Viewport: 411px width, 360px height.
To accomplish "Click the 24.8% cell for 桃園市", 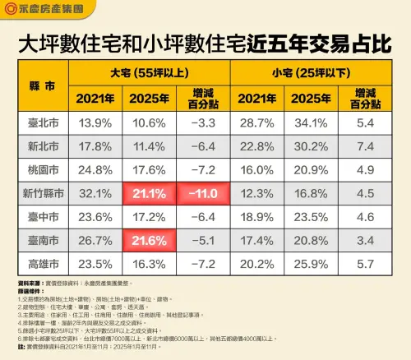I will tap(95, 170).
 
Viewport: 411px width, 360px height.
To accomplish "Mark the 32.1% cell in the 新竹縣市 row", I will tap(95, 194).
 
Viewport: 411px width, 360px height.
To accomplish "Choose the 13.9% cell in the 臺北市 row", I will tap(95, 122).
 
